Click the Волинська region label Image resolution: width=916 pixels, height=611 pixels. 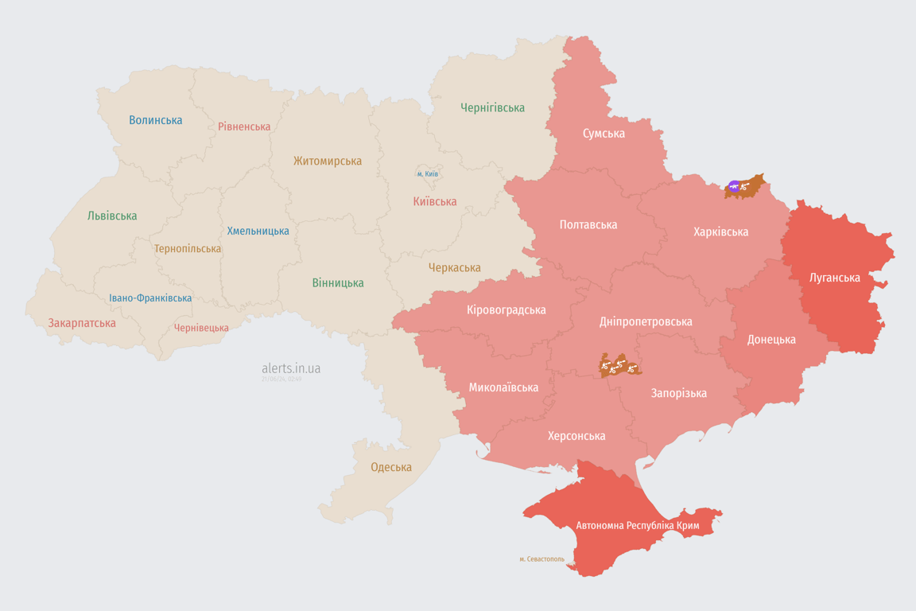pos(156,120)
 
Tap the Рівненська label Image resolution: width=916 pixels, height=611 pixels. pos(244,126)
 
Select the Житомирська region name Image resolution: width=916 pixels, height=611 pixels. pos(327,161)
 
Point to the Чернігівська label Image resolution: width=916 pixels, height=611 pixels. pos(492,107)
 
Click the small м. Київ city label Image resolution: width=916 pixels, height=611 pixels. pos(427,173)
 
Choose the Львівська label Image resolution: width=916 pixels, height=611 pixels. pos(112,216)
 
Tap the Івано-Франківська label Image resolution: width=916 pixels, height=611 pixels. pos(150,298)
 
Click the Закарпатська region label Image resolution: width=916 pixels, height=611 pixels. pos(82,323)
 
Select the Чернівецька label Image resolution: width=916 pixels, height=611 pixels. pos(201,328)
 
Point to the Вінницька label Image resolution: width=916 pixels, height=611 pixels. pos(338,282)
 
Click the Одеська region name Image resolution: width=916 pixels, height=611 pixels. pos(391,467)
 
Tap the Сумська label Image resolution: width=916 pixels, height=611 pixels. pos(604,133)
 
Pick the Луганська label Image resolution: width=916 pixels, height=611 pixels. pos(834,278)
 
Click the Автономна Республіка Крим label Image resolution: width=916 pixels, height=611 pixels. pos(638,526)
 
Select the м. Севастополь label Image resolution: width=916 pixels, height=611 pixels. pos(541,558)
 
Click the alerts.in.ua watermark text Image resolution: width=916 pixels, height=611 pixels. pos(291,368)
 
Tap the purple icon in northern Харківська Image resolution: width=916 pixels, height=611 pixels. pos(734,187)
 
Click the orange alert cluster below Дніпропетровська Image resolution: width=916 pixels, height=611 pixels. pos(619,366)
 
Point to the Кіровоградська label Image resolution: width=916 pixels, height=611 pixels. pos(507,309)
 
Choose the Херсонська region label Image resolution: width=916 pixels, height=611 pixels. pos(576,436)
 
